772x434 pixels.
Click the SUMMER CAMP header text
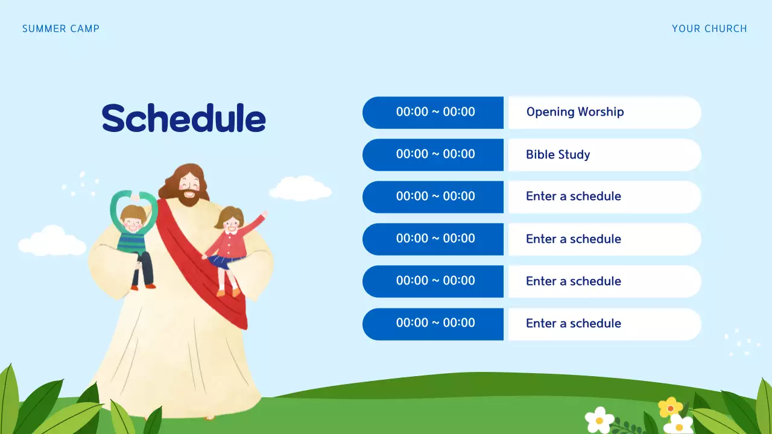[61, 28]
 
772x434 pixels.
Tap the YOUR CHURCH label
[709, 28]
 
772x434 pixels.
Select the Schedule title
[184, 118]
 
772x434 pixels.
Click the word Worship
[601, 112]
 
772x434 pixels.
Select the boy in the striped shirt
[133, 235]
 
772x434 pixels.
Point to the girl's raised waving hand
[263, 215]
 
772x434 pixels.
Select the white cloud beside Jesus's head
[300, 189]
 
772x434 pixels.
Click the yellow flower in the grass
[670, 407]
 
